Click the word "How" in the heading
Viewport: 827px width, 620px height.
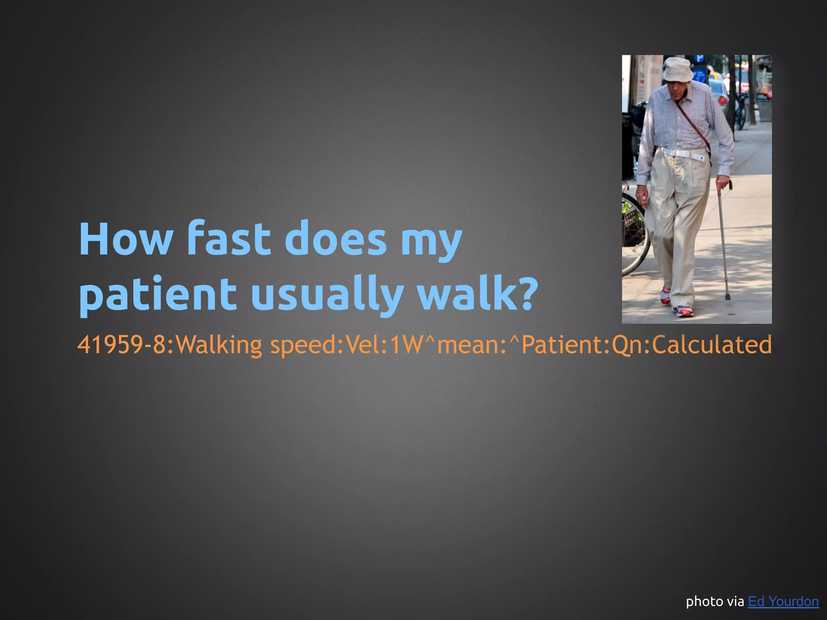pyautogui.click(x=126, y=239)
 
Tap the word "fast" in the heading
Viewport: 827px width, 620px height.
pyautogui.click(x=228, y=239)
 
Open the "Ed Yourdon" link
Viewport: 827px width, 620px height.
pyautogui.click(x=783, y=601)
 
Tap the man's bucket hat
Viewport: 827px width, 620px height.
pyautogui.click(x=678, y=69)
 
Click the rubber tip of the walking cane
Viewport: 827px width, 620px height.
pyautogui.click(x=727, y=297)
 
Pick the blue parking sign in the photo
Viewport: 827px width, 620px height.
pyautogui.click(x=699, y=59)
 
